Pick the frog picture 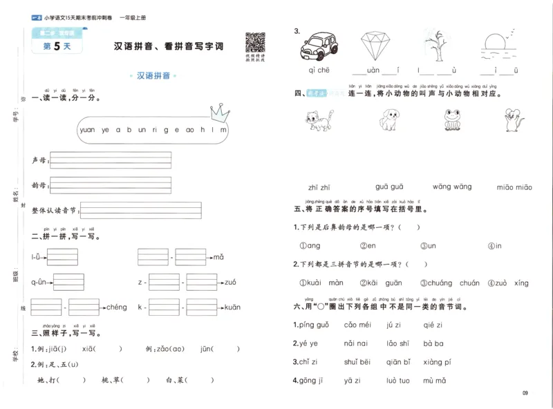[453, 120]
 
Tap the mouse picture [513, 120]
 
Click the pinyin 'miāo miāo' [514, 187]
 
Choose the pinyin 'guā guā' [389, 187]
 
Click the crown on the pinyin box [219, 110]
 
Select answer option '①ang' [310, 245]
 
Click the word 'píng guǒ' [314, 325]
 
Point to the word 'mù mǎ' [435, 380]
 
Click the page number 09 [525, 394]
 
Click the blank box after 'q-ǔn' [69, 282]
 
